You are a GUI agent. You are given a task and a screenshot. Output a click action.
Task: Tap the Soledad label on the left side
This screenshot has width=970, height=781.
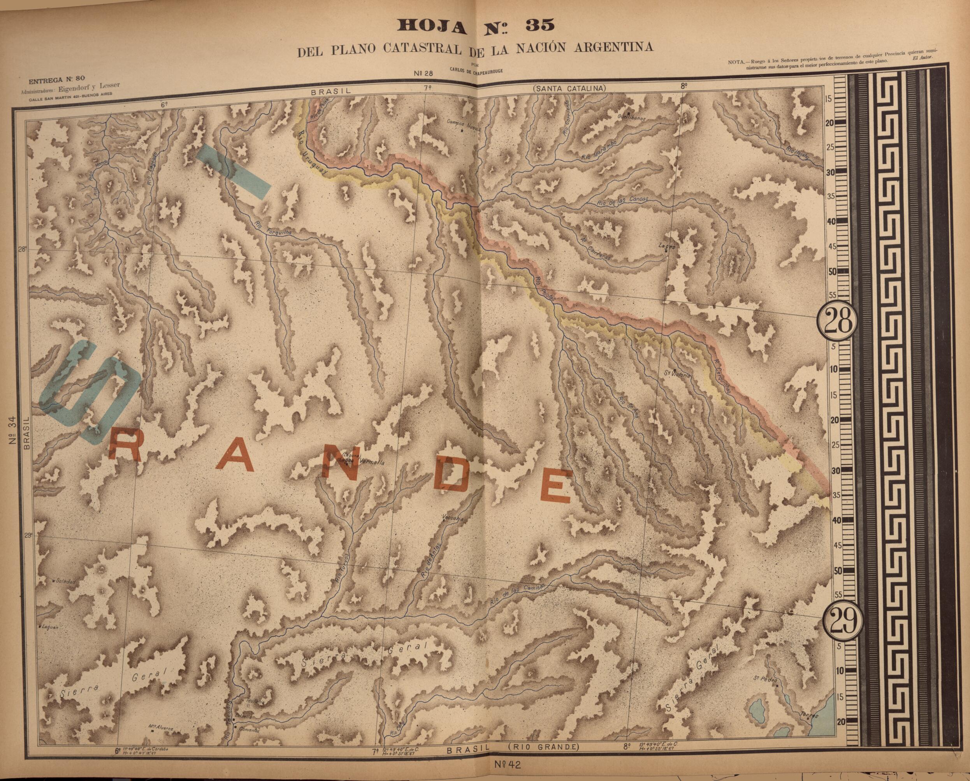coord(65,581)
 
